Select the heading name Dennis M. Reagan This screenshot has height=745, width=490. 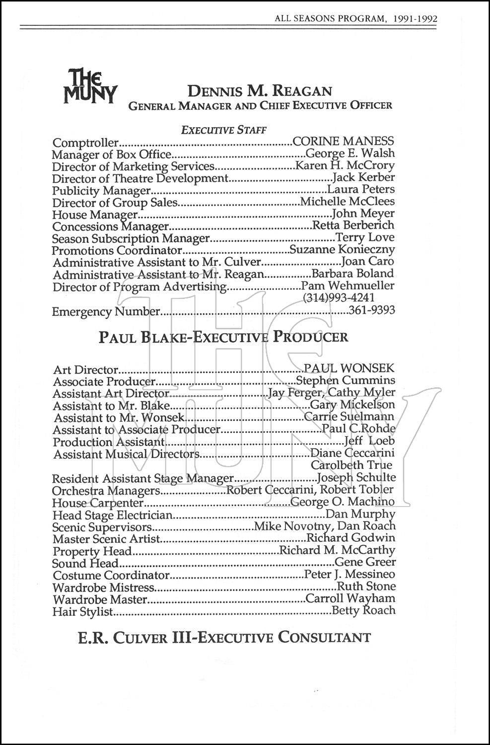point(259,91)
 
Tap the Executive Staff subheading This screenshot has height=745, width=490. point(224,130)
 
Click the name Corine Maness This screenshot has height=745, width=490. point(344,142)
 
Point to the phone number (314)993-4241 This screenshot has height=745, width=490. point(338,298)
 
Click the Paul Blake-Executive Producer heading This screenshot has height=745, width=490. point(223,337)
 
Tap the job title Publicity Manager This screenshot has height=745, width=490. point(101,190)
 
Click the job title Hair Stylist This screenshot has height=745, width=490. point(83,611)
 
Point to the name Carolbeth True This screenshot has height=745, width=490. point(351,465)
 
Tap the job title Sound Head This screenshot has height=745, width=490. point(85,563)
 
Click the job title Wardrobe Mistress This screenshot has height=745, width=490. point(104,588)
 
